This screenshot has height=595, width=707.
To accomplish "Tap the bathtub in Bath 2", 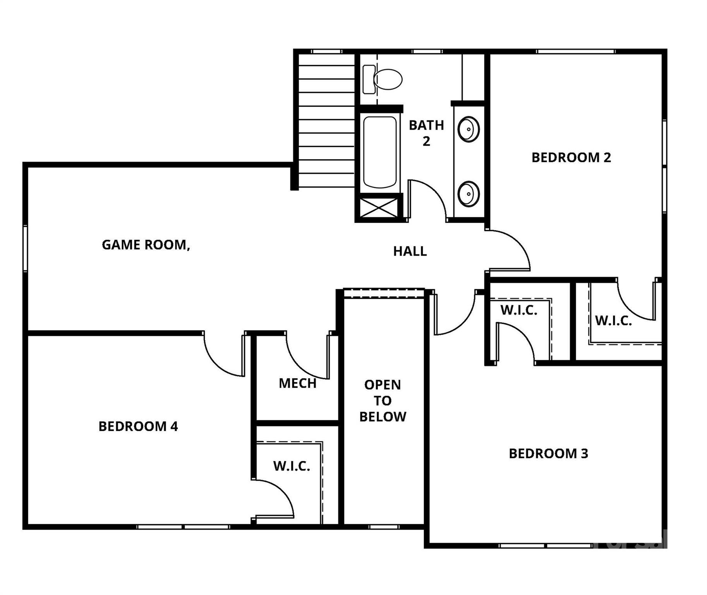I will (380, 153).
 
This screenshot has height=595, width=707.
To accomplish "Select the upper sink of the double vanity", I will (468, 129).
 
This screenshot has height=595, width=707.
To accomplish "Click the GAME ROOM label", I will (146, 245).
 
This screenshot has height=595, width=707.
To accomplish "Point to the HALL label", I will (410, 251).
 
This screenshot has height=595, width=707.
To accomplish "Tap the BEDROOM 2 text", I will (571, 158).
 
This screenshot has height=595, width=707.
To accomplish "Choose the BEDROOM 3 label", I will (548, 454).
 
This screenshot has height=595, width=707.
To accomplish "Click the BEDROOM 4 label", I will (138, 426).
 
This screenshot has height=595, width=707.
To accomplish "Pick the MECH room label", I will (297, 383).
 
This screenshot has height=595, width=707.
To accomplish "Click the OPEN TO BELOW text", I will (383, 401).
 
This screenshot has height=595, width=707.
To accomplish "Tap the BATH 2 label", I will (426, 133).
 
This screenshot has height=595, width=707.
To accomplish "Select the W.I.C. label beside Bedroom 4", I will (292, 466).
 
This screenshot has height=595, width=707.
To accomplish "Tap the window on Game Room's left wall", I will (26, 248).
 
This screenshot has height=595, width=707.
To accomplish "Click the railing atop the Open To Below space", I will (384, 293).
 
